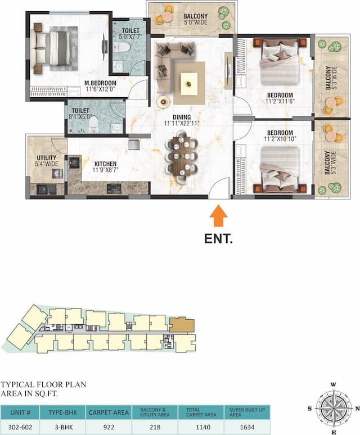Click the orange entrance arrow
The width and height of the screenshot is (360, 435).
pyautogui.click(x=219, y=217)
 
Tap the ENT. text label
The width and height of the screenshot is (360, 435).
pyautogui.click(x=219, y=238)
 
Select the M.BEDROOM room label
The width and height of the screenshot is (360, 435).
pyautogui.click(x=100, y=83)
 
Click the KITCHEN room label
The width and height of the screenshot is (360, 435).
pyautogui.click(x=105, y=164)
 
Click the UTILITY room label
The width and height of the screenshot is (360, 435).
pyautogui.click(x=46, y=158)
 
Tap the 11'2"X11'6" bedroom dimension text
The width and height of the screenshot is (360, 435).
pyautogui.click(x=279, y=102)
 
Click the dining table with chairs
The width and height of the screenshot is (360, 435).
pyautogui.click(x=182, y=158)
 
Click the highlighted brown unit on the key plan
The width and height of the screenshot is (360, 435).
pyautogui.click(x=181, y=325)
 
